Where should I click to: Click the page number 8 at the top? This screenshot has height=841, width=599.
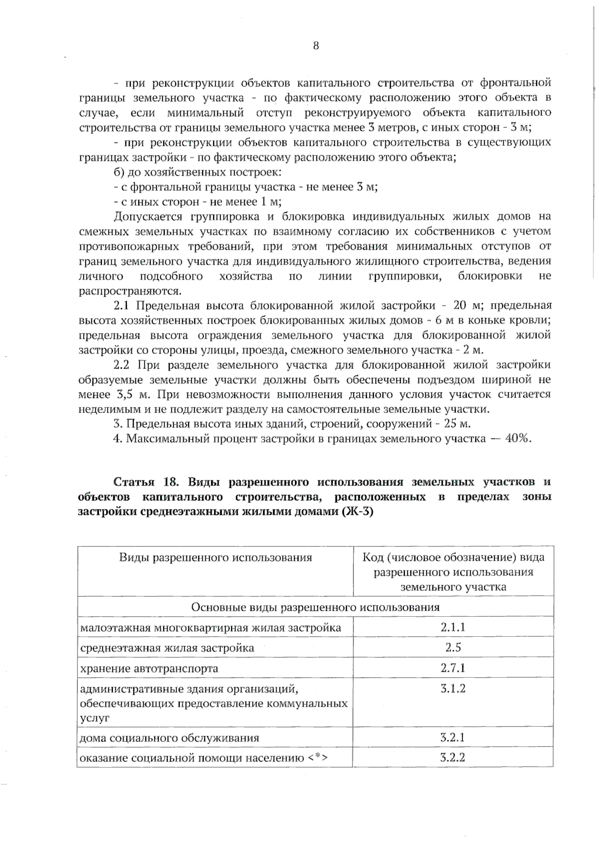(x=315, y=46)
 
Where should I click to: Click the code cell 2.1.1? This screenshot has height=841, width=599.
(x=453, y=627)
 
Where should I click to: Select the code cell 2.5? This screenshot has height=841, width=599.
(x=453, y=648)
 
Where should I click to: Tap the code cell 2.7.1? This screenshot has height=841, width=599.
(x=453, y=668)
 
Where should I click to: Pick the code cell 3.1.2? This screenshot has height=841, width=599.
(x=453, y=689)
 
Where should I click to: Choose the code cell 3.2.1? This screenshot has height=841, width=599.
(x=453, y=737)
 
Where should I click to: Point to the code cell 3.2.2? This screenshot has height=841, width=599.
(x=453, y=757)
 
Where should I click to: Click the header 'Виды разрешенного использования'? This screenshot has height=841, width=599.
(x=215, y=557)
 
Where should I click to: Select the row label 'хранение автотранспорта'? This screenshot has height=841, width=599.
(x=149, y=668)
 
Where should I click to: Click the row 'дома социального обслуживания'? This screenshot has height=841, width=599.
(x=170, y=738)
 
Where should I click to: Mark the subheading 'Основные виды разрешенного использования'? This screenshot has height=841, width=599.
(x=315, y=607)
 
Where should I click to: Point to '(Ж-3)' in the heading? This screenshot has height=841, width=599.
(x=357, y=512)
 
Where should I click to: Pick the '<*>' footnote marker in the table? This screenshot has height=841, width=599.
(x=317, y=758)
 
